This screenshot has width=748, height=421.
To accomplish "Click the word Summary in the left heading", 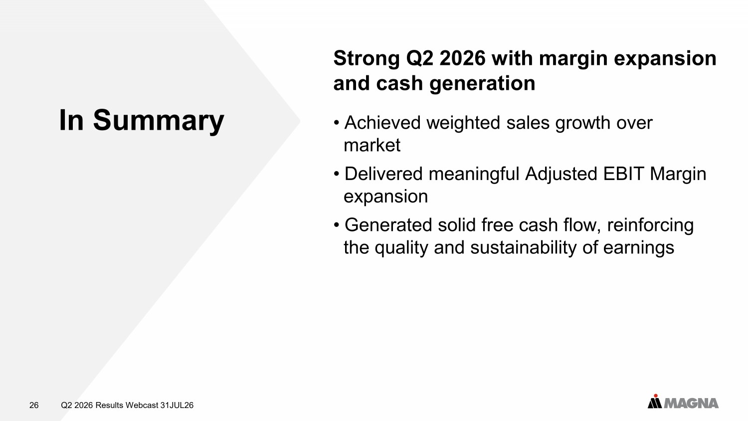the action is pyautogui.click(x=158, y=121).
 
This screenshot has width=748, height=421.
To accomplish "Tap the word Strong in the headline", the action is pyautogui.click(x=367, y=59).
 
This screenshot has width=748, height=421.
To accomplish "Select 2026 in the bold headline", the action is pyautogui.click(x=462, y=58).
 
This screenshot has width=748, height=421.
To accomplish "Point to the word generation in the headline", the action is pyautogui.click(x=482, y=84).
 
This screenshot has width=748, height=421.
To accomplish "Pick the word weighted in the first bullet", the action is pyautogui.click(x=463, y=123).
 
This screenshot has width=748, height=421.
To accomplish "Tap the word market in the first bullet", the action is pyautogui.click(x=372, y=145).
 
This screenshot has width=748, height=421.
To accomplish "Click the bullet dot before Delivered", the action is pyautogui.click(x=337, y=174).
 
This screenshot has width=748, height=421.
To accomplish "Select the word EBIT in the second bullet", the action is pyautogui.click(x=623, y=174).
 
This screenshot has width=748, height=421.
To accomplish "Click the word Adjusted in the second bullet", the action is pyautogui.click(x=561, y=175).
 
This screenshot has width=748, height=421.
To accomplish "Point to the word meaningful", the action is pyautogui.click(x=474, y=175).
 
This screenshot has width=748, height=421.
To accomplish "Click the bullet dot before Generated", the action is pyautogui.click(x=337, y=225).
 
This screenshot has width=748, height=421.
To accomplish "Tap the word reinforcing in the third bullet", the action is pyautogui.click(x=650, y=225).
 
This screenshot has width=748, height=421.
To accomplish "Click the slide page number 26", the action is pyautogui.click(x=34, y=406).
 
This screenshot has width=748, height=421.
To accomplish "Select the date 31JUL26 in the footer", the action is pyautogui.click(x=177, y=406).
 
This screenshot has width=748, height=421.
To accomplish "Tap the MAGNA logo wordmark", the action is pyautogui.click(x=691, y=403).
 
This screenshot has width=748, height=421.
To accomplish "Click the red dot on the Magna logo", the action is pyautogui.click(x=656, y=396).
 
